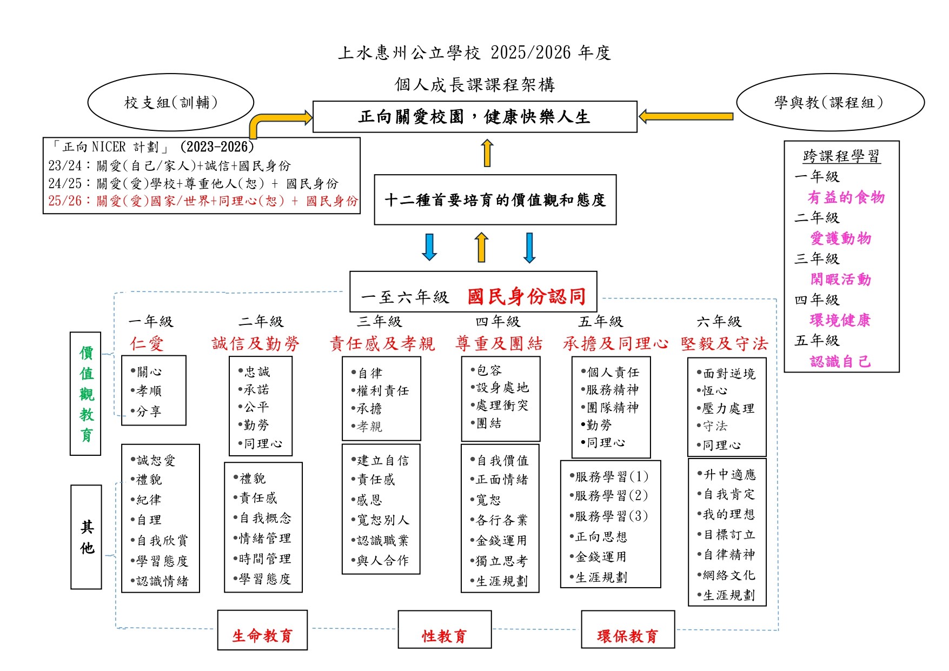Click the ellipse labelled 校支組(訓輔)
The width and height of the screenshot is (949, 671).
(170, 102)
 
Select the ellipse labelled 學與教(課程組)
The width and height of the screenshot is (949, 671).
(829, 102)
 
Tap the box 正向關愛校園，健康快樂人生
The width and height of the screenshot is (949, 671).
(474, 116)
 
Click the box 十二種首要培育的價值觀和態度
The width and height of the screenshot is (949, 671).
(495, 200)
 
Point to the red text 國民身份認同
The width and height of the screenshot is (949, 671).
(527, 296)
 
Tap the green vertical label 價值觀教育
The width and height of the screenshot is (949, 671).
(86, 394)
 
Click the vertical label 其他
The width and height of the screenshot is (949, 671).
(87, 537)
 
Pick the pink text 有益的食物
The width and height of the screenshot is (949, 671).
(846, 197)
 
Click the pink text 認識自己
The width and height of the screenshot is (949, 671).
(840, 361)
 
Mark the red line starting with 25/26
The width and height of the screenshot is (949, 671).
(203, 201)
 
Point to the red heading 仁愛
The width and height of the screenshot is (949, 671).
(147, 343)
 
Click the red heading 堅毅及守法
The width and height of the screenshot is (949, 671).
(724, 343)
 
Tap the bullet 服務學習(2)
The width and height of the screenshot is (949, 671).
(610, 496)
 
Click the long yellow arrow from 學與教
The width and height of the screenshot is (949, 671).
(686, 116)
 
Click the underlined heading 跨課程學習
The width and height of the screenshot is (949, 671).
(841, 156)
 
